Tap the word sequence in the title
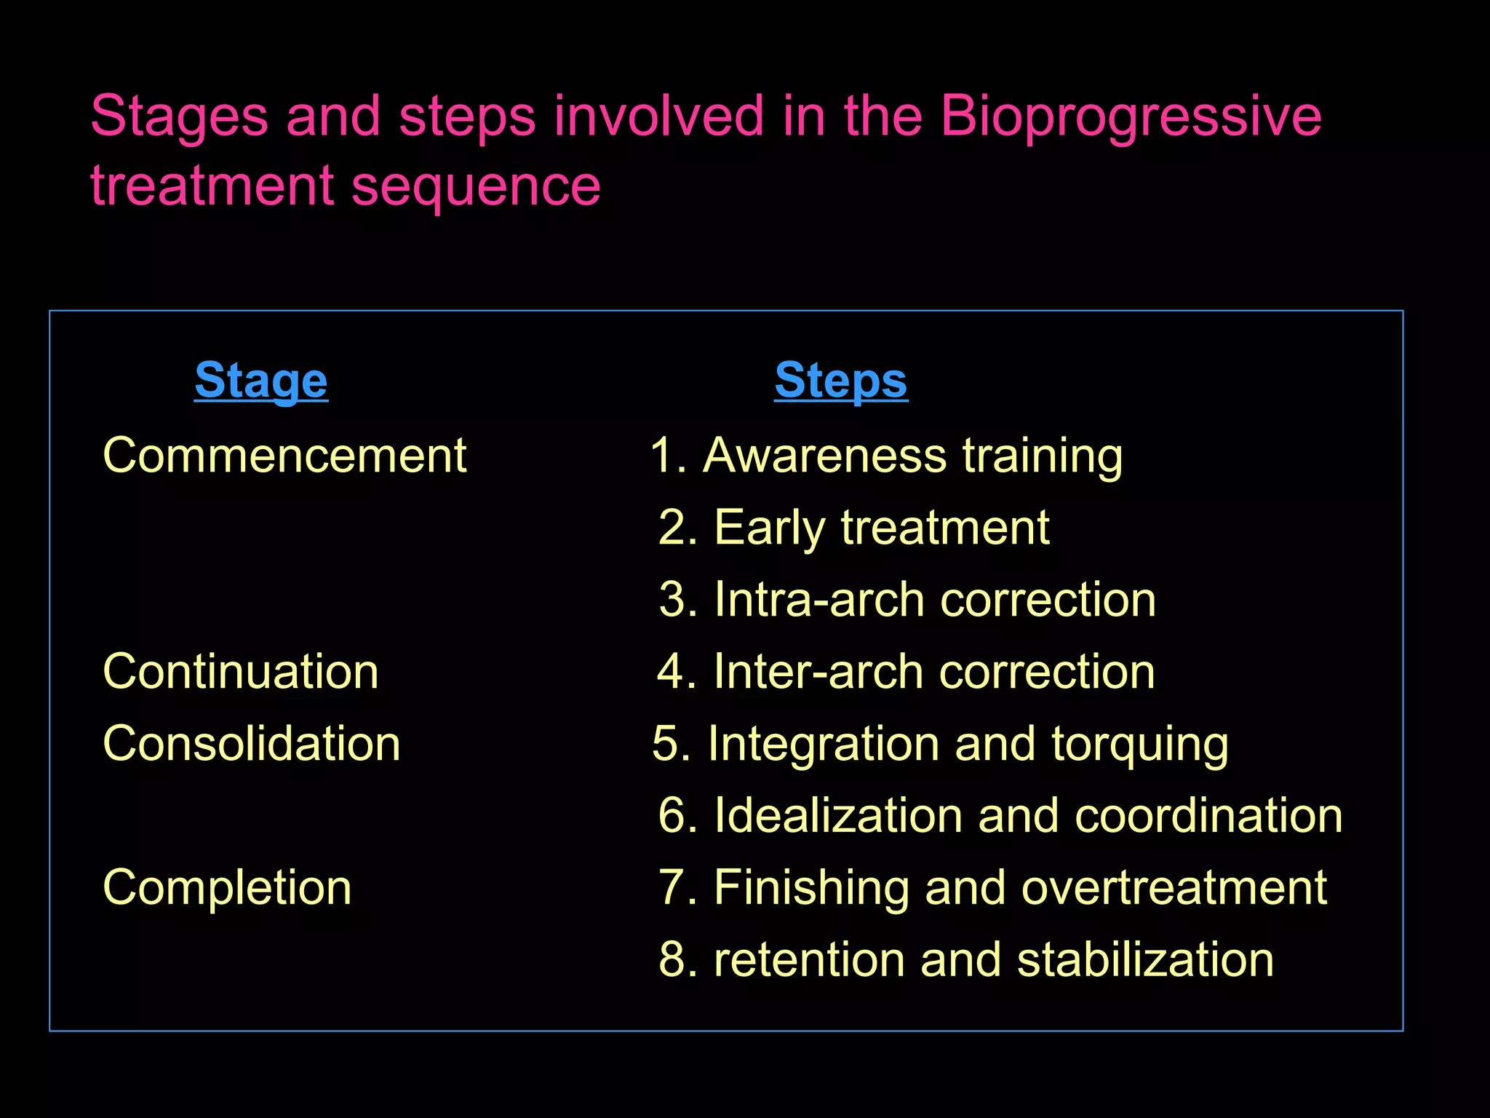(x=476, y=186)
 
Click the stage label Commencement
(x=284, y=456)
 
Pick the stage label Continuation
(x=241, y=671)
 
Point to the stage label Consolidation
(x=252, y=744)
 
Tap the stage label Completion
(x=227, y=887)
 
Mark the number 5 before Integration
(x=665, y=744)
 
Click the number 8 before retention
(x=672, y=959)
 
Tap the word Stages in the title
(x=179, y=116)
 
